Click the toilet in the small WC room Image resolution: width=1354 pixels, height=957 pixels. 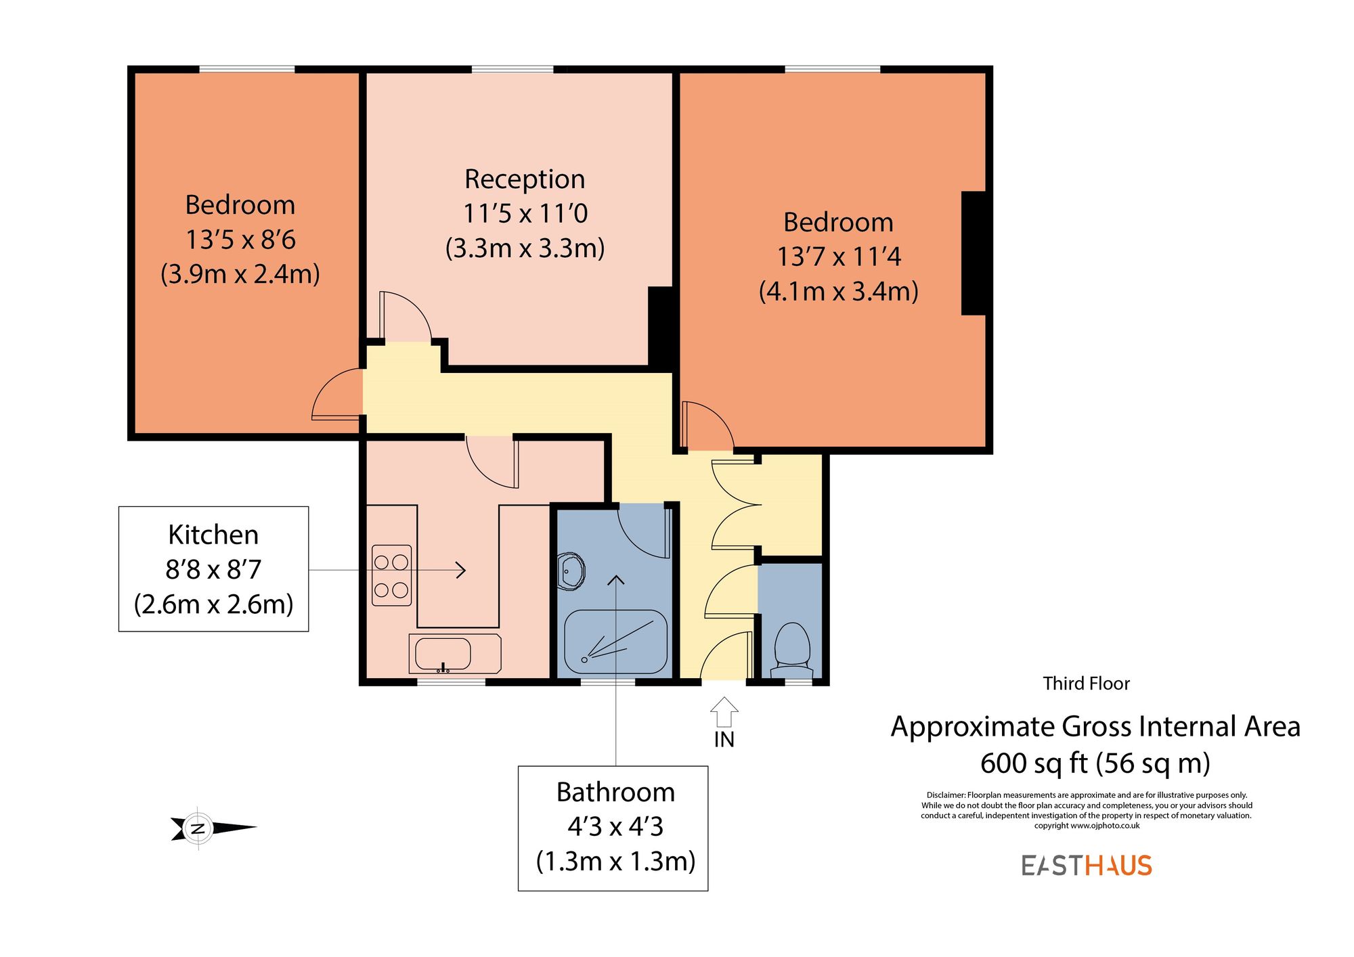tap(791, 647)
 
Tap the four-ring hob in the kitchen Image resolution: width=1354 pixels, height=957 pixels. tap(391, 575)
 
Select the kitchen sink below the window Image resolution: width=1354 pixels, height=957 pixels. tap(443, 654)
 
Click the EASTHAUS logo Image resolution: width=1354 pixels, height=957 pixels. tap(1087, 866)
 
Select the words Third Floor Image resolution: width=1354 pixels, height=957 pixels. tap(1086, 684)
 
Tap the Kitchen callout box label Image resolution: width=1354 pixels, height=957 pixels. tap(213, 535)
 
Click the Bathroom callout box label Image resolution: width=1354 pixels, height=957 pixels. tap(615, 792)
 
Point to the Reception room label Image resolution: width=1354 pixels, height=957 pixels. tap(525, 179)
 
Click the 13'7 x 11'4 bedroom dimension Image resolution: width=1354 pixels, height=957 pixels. tap(838, 257)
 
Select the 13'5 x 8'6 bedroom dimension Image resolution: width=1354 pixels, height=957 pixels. tap(240, 240)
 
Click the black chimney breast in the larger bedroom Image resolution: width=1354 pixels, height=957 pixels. tap(974, 253)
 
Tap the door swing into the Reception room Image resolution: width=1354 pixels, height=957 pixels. tap(405, 317)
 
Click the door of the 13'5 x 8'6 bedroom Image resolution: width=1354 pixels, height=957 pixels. tap(336, 396)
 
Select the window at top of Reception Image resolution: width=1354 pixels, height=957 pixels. tap(512, 69)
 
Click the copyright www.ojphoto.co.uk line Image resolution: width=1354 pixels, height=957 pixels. tap(1086, 826)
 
